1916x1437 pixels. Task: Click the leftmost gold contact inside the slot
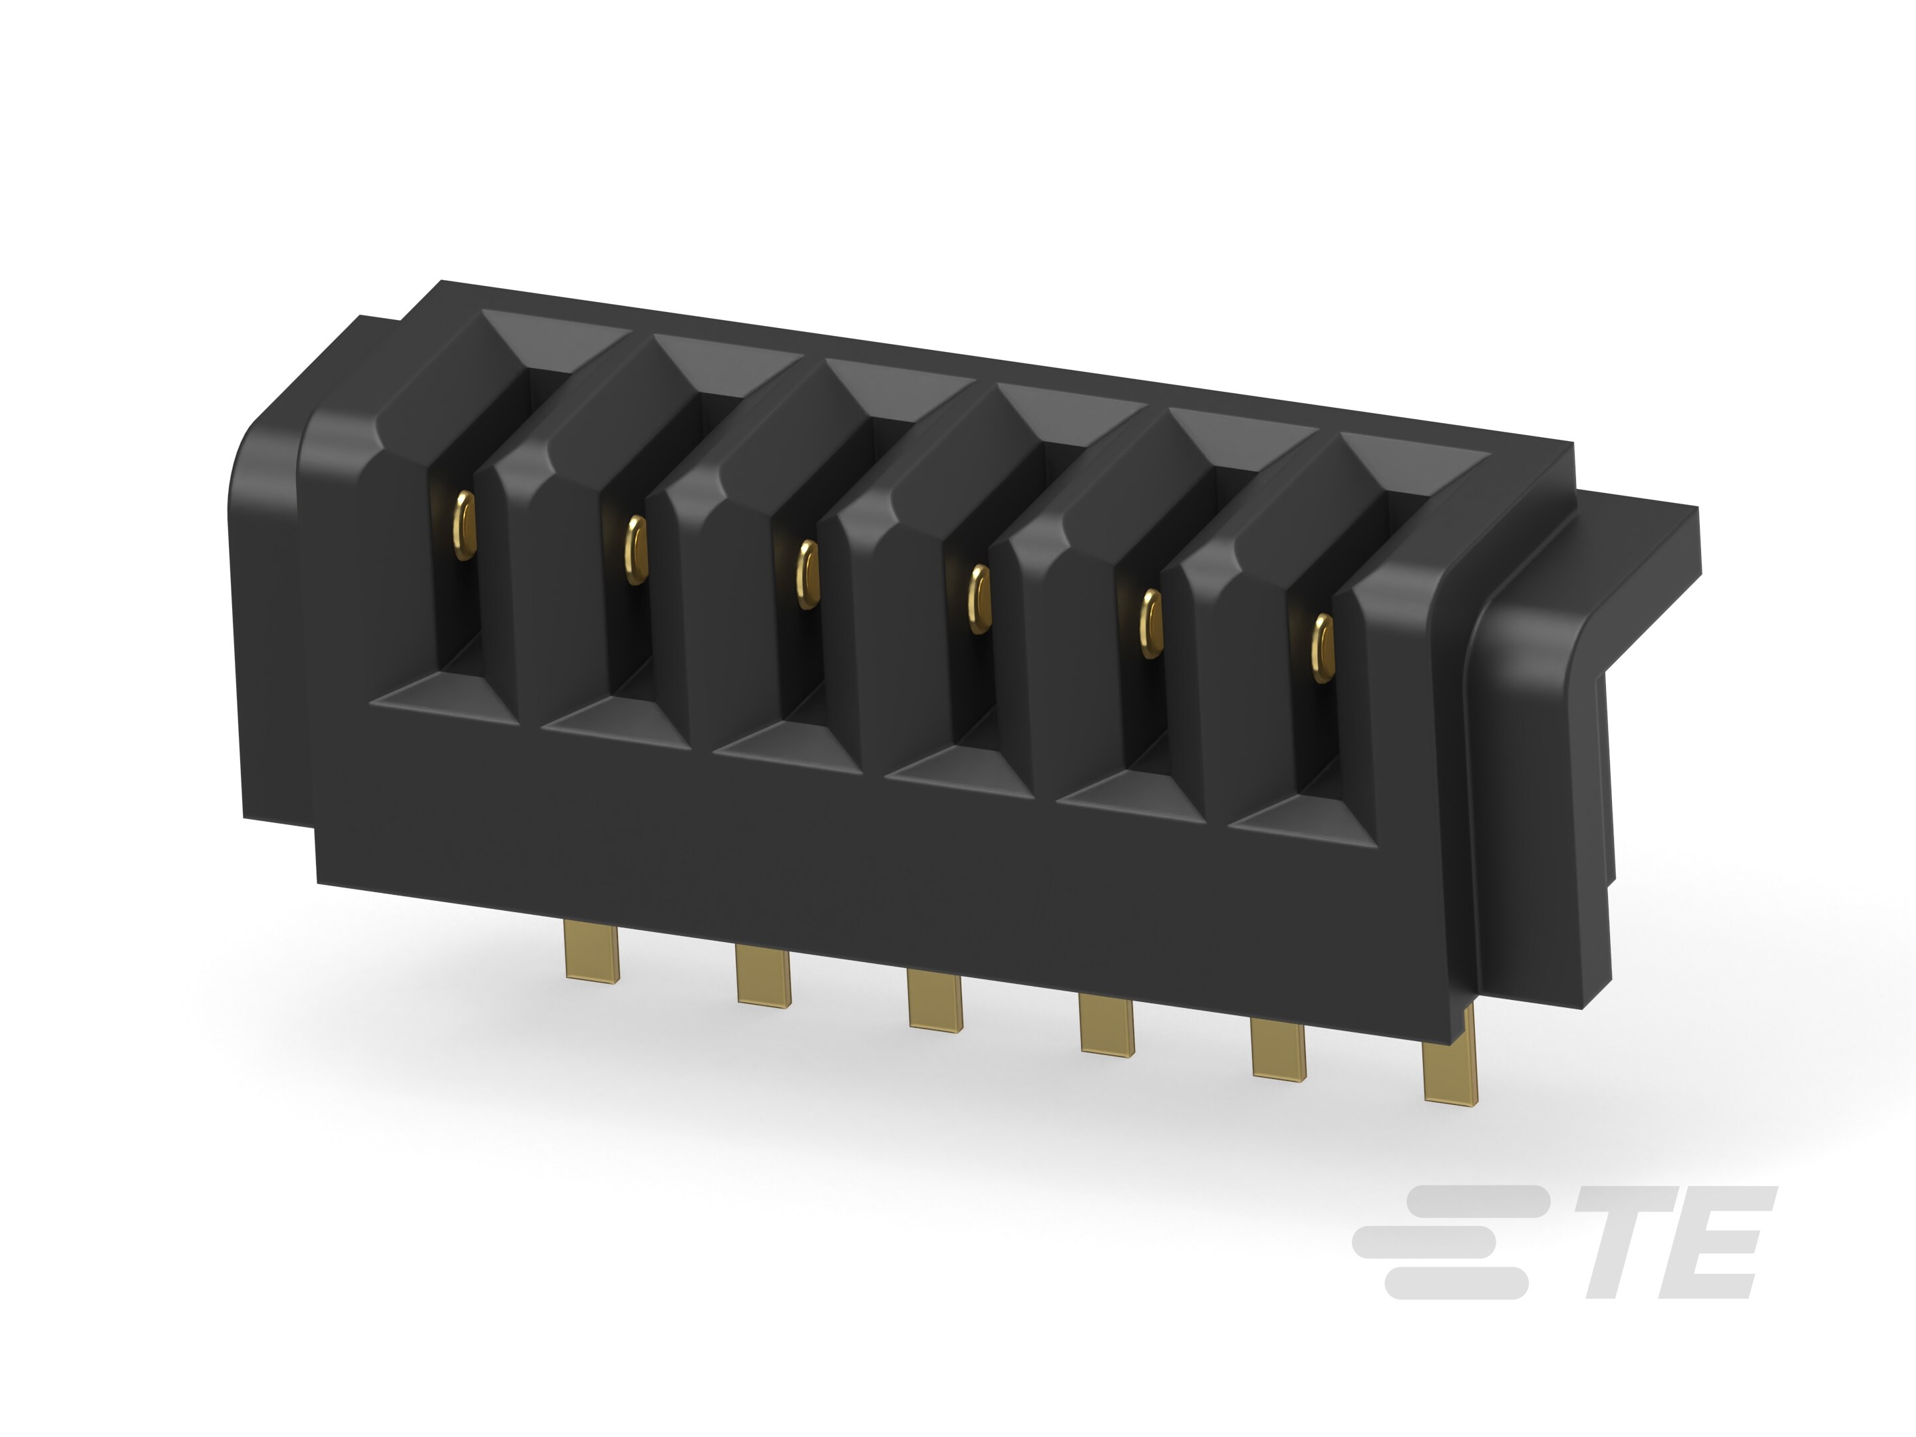[465, 525]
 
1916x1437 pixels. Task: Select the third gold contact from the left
[807, 574]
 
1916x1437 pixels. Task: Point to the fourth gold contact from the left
[979, 599]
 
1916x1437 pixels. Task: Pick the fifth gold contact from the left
[1150, 623]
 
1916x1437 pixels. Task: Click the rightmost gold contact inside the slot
[1322, 648]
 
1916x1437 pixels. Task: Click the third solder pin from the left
[935, 1001]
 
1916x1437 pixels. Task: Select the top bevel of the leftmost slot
[554, 338]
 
